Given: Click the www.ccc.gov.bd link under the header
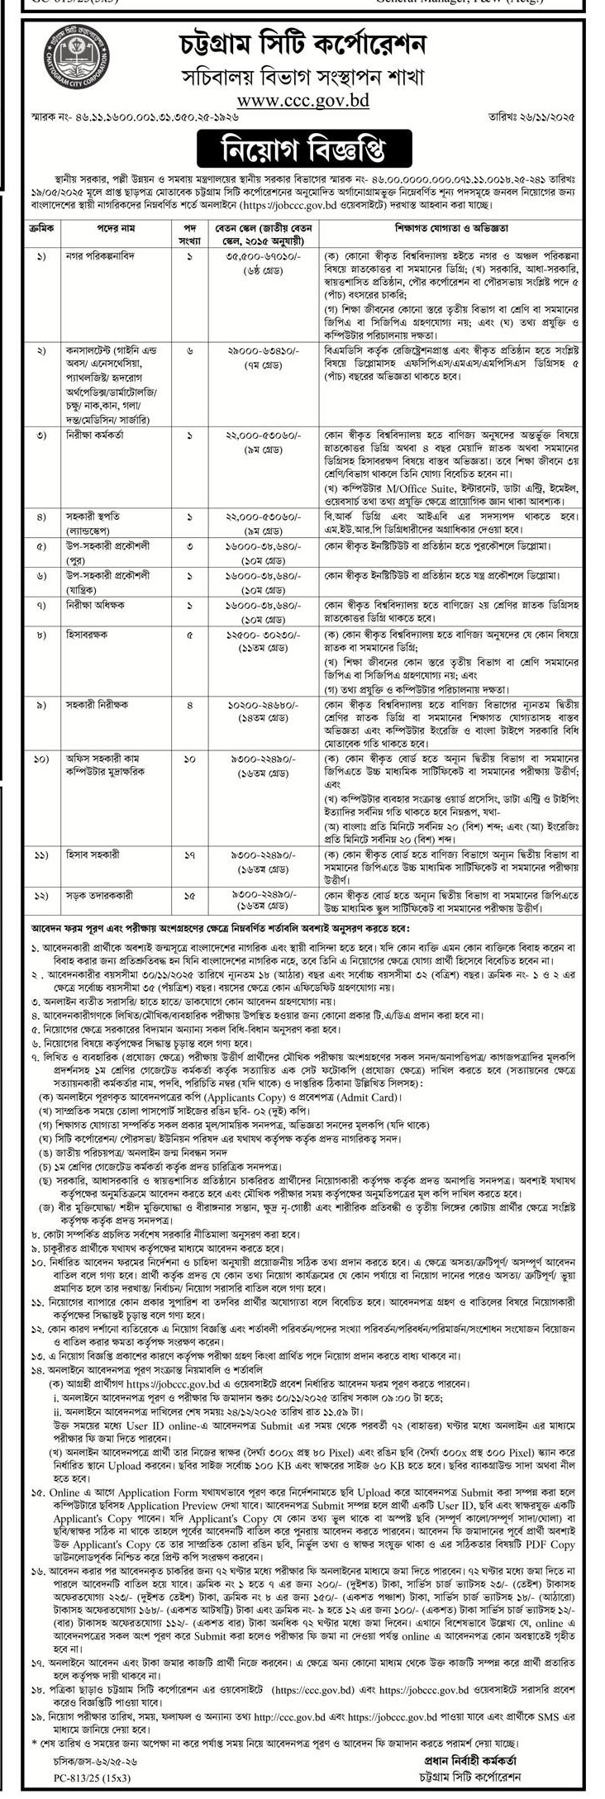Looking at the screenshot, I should pyautogui.click(x=302, y=101).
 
